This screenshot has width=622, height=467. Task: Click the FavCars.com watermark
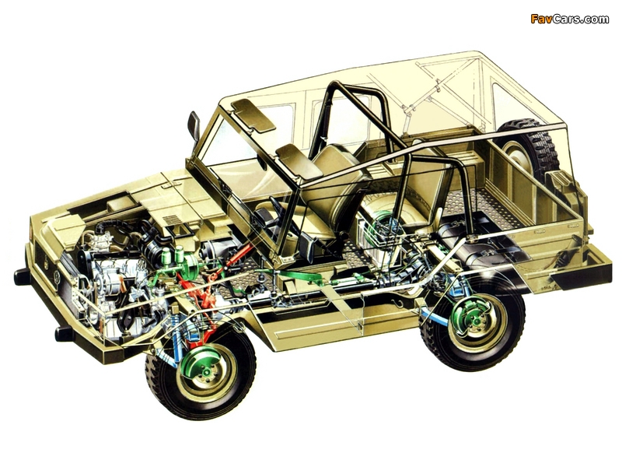(569, 19)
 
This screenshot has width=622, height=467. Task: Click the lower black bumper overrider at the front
(64, 334)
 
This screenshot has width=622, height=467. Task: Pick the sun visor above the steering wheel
(299, 161)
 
